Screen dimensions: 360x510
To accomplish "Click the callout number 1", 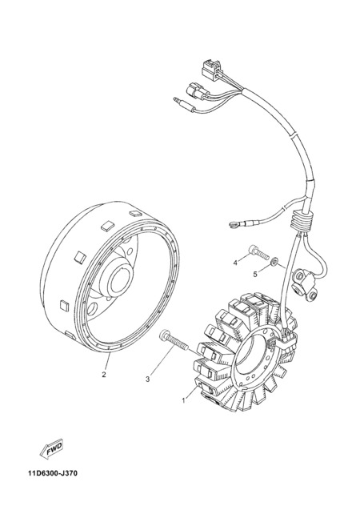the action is click(183, 400).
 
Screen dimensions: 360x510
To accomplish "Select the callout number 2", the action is click(104, 375).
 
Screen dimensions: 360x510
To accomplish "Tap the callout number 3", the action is click(147, 379).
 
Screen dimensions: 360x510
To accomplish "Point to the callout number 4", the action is click(235, 263).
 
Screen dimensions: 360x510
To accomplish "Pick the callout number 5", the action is click(255, 274).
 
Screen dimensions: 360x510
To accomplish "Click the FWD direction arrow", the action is click(51, 450).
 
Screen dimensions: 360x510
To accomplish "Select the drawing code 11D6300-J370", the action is click(53, 473).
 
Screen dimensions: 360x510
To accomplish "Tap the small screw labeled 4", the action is click(258, 251).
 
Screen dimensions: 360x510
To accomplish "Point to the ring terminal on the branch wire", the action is click(233, 223).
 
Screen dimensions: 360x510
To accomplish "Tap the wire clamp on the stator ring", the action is click(286, 340).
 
